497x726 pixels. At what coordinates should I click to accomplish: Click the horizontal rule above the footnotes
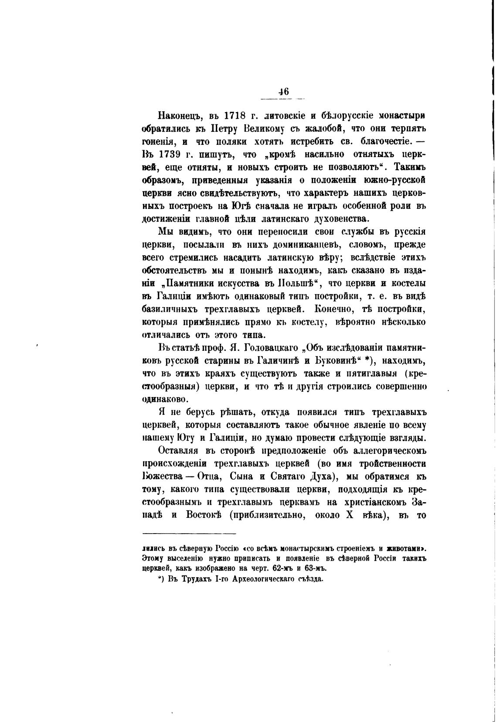coord(189,533)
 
